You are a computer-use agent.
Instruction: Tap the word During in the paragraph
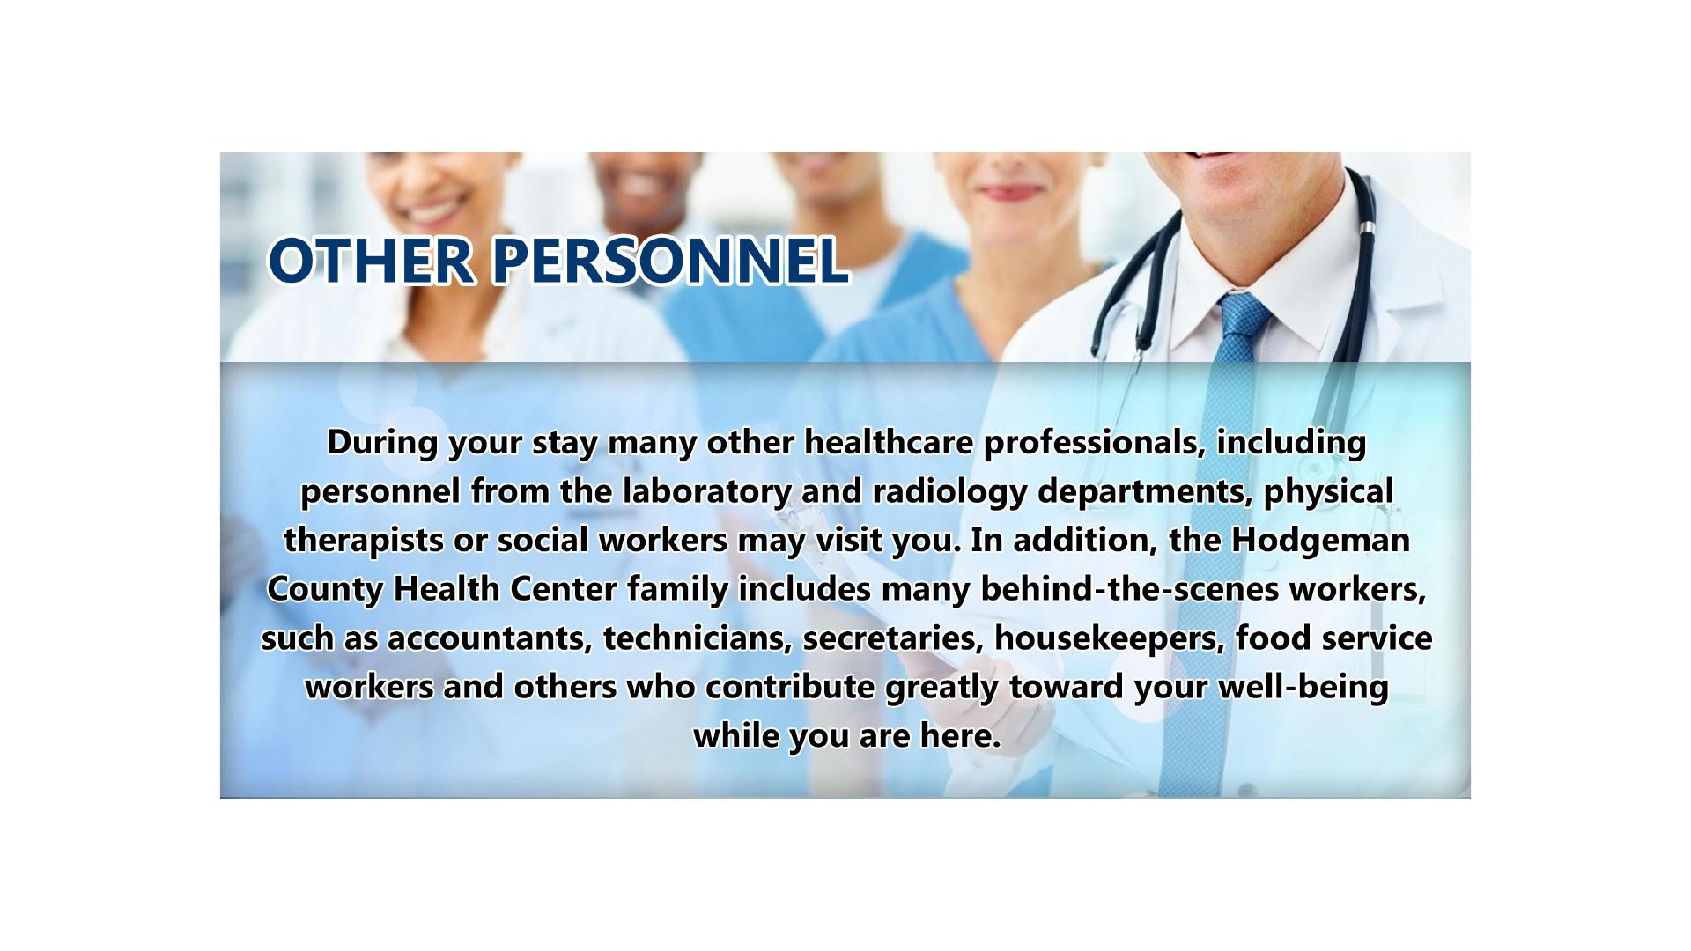(x=382, y=442)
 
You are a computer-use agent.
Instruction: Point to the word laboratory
(x=706, y=491)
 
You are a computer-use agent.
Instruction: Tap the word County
(x=324, y=589)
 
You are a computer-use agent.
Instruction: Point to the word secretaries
(x=892, y=638)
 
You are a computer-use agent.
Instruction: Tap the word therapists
(x=363, y=540)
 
